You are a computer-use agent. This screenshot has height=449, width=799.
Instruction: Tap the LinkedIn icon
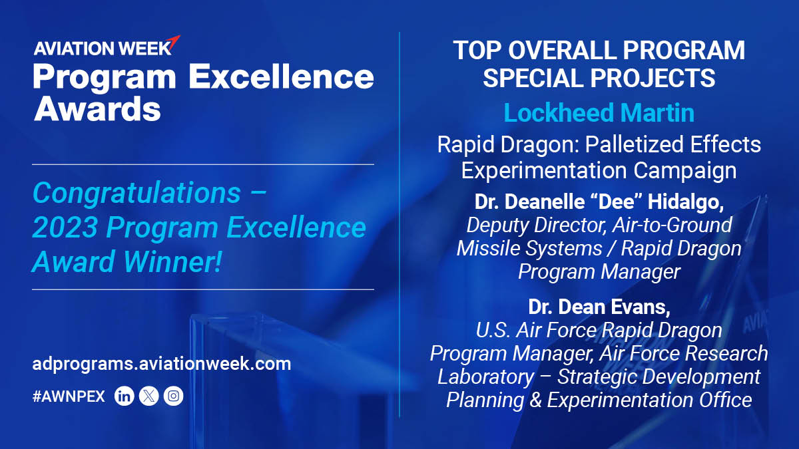pyautogui.click(x=125, y=396)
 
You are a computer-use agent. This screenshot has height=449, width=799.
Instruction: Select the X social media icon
pyautogui.click(x=148, y=396)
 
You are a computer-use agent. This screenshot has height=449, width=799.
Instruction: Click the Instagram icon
pyautogui.click(x=173, y=396)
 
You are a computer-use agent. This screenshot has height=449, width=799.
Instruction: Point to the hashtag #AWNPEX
pyautogui.click(x=69, y=397)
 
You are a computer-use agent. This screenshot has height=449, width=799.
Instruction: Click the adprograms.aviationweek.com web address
pyautogui.click(x=161, y=364)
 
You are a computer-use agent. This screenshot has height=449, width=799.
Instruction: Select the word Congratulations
pyautogui.click(x=136, y=193)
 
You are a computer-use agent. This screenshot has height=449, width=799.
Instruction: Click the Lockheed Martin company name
pyautogui.click(x=599, y=112)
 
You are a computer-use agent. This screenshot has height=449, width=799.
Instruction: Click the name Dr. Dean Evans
pyautogui.click(x=599, y=307)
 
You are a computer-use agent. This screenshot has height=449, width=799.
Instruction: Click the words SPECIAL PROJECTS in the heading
pyautogui.click(x=599, y=78)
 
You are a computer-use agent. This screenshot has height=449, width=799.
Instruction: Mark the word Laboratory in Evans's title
pyautogui.click(x=485, y=376)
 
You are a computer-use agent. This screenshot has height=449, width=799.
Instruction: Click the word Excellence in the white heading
pyautogui.click(x=282, y=77)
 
